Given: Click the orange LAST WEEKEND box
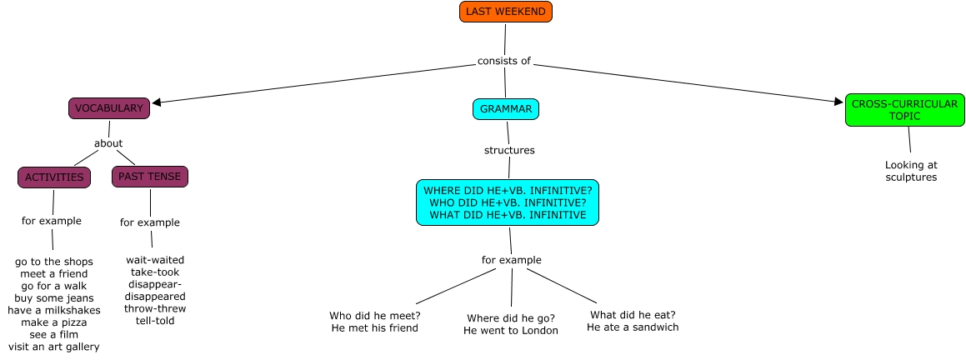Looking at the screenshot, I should [506, 12].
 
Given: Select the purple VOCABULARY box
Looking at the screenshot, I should [109, 108].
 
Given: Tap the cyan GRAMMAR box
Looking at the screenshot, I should [506, 109].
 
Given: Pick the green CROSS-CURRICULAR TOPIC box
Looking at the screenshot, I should [904, 110].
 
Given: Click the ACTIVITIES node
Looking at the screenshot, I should [54, 177].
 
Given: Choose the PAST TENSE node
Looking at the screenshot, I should [150, 177].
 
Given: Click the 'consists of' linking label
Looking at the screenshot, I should [504, 61].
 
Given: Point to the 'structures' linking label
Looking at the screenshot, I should [509, 151].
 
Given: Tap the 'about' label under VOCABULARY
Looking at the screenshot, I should [108, 143].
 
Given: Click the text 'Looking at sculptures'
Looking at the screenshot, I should [911, 171].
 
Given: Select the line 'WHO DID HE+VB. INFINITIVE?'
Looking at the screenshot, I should [508, 202].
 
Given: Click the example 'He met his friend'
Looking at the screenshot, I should [374, 328].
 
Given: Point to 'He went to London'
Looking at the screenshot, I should [511, 331].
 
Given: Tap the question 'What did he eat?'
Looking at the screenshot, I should [633, 315].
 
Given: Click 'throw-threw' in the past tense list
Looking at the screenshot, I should [155, 308].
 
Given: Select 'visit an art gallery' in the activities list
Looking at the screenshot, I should [54, 347].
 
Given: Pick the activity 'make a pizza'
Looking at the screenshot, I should [54, 322].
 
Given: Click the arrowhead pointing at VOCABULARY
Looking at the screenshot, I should [156, 103].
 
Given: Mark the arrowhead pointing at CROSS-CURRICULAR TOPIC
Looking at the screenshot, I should [838, 102].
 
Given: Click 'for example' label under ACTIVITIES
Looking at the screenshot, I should [52, 221].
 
